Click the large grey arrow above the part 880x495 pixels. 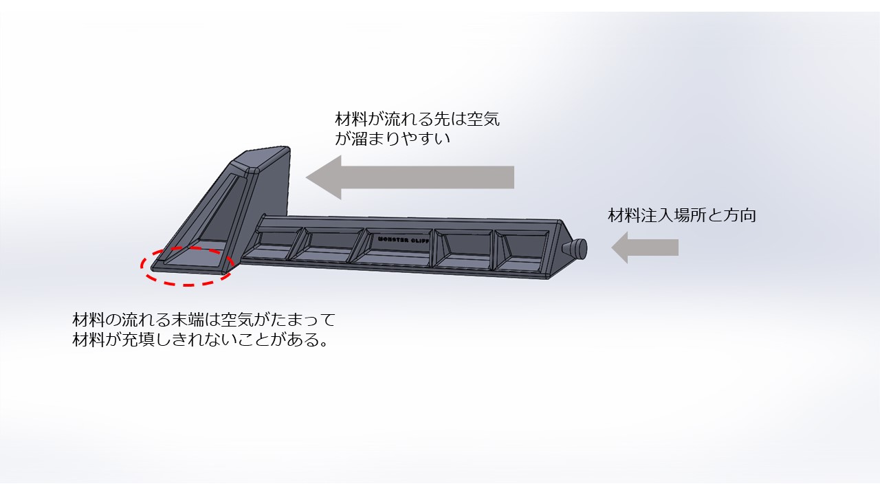412,177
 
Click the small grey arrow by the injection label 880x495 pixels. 646,247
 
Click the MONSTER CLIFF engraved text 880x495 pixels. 403,240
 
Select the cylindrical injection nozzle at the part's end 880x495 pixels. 576,248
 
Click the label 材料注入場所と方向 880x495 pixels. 682,215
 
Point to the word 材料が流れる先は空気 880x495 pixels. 417,118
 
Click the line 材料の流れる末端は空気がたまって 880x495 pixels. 203,320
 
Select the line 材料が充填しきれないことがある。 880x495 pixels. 199,340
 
